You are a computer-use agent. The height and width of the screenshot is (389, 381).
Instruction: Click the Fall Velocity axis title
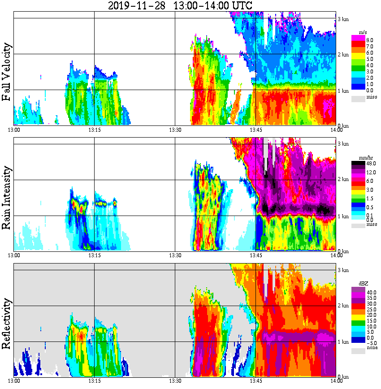(7, 72)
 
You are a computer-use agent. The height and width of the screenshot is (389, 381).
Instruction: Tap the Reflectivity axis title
(7, 321)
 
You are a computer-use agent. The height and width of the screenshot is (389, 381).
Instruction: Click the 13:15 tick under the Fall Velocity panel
(94, 130)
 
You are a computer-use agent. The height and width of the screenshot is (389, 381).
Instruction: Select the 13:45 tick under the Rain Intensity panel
(255, 255)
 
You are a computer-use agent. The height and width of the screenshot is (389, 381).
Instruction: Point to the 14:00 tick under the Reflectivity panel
(336, 381)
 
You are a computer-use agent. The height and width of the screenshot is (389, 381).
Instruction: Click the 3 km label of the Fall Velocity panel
(343, 19)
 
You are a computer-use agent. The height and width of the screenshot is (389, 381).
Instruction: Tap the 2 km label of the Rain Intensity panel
(343, 180)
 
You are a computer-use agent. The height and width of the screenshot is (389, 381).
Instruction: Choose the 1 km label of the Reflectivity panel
(343, 342)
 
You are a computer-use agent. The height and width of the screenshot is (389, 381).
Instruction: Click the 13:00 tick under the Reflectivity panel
(14, 381)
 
